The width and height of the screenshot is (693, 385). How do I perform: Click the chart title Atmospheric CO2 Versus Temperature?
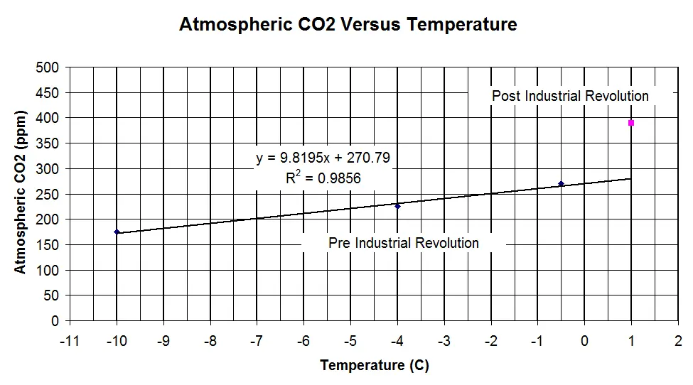pyautogui.click(x=348, y=25)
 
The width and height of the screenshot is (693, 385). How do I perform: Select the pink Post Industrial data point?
pyautogui.click(x=631, y=123)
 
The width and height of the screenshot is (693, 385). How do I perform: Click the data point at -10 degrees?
pyautogui.click(x=117, y=232)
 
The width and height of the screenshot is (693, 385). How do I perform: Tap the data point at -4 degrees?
pyautogui.click(x=397, y=206)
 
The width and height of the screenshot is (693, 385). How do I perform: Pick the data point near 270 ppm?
pyautogui.click(x=561, y=184)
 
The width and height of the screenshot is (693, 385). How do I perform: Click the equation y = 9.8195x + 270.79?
pyautogui.click(x=323, y=158)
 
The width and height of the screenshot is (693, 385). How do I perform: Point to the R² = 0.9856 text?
pyautogui.click(x=323, y=178)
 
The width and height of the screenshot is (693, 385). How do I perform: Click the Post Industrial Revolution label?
pyautogui.click(x=570, y=96)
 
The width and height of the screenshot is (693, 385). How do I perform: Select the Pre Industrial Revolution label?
pyautogui.click(x=404, y=243)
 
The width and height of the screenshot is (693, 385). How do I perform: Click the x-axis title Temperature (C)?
pyautogui.click(x=375, y=366)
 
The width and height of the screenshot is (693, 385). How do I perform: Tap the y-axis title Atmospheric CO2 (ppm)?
pyautogui.click(x=21, y=192)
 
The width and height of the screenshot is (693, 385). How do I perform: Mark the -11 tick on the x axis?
pyautogui.click(x=69, y=341)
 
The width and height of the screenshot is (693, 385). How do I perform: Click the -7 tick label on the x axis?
pyautogui.click(x=257, y=341)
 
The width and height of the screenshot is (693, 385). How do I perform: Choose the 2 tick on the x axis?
pyautogui.click(x=679, y=341)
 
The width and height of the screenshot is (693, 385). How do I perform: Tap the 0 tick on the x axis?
pyautogui.click(x=585, y=341)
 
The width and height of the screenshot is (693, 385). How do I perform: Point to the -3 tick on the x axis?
pyautogui.click(x=444, y=341)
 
